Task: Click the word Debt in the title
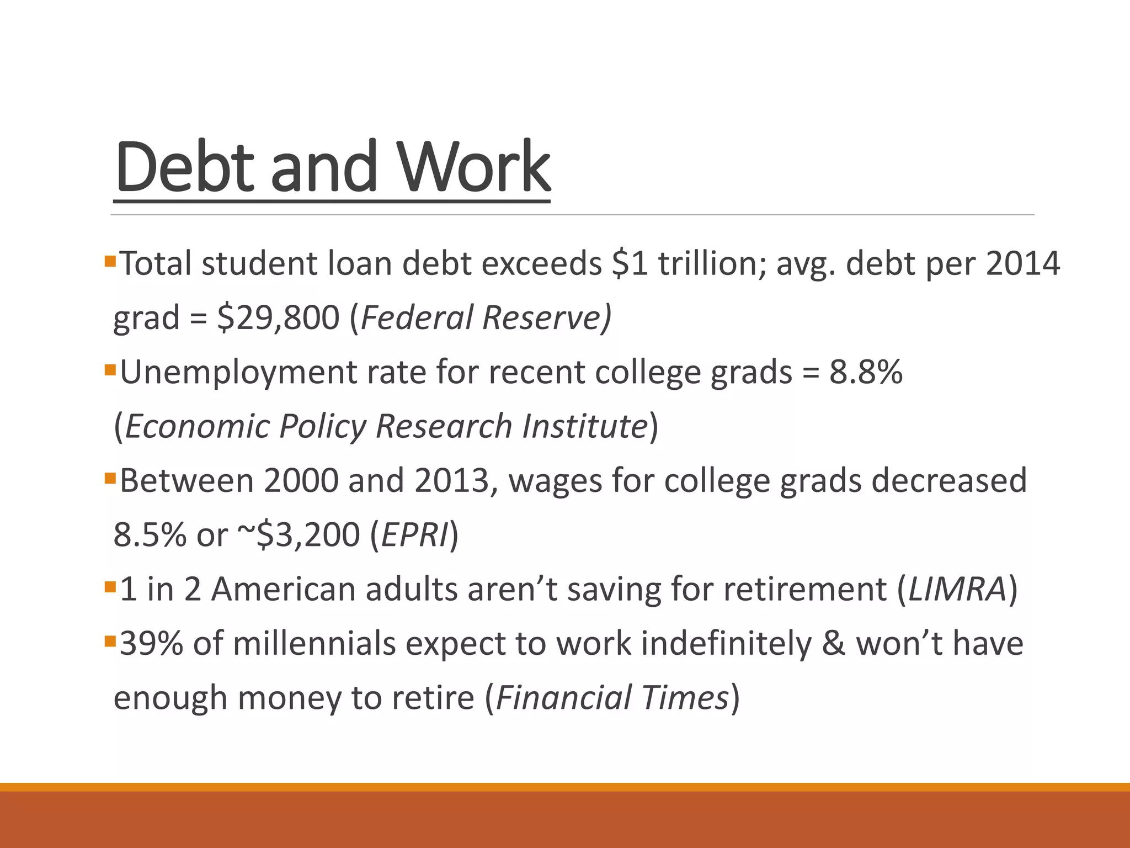(x=185, y=166)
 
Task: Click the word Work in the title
(x=474, y=166)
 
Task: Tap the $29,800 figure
(x=279, y=317)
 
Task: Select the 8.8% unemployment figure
(x=866, y=372)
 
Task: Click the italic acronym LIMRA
(x=957, y=589)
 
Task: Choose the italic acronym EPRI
(x=414, y=535)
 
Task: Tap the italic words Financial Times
(x=612, y=697)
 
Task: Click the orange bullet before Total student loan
(x=109, y=259)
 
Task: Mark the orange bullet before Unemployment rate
(x=109, y=368)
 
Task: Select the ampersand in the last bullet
(x=833, y=644)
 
